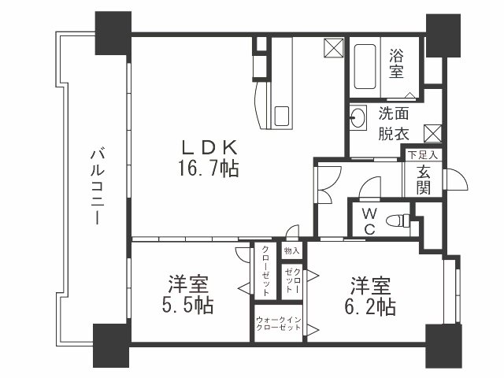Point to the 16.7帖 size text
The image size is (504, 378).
point(209,168)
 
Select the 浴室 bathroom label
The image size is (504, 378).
point(395,64)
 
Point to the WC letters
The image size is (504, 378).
point(369,220)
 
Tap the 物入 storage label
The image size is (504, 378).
point(291,250)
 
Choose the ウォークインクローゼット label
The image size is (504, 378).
point(279,323)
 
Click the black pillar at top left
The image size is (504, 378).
point(113,33)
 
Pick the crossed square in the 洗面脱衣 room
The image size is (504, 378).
point(432,132)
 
